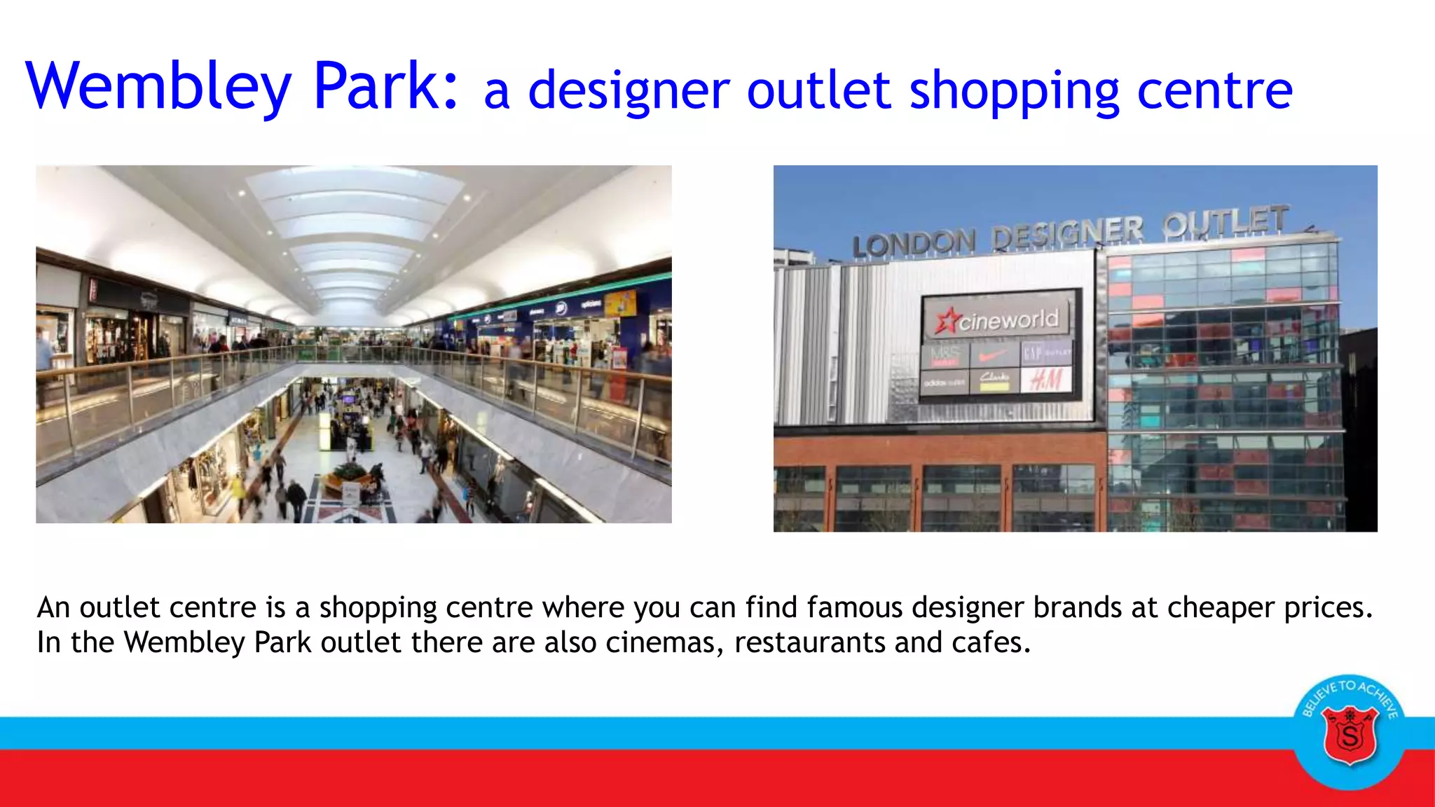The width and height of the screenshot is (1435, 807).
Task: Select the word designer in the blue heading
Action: tap(629, 91)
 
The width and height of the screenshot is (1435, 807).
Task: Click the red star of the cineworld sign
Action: tap(948, 322)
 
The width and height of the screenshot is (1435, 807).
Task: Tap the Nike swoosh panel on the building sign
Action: tap(994, 355)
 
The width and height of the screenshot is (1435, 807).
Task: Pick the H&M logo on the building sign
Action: tap(1046, 380)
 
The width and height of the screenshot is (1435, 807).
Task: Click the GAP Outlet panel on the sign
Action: tap(1047, 353)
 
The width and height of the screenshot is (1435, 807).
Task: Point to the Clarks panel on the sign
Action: tap(994, 380)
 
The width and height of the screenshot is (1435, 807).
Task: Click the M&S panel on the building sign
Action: tap(945, 356)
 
